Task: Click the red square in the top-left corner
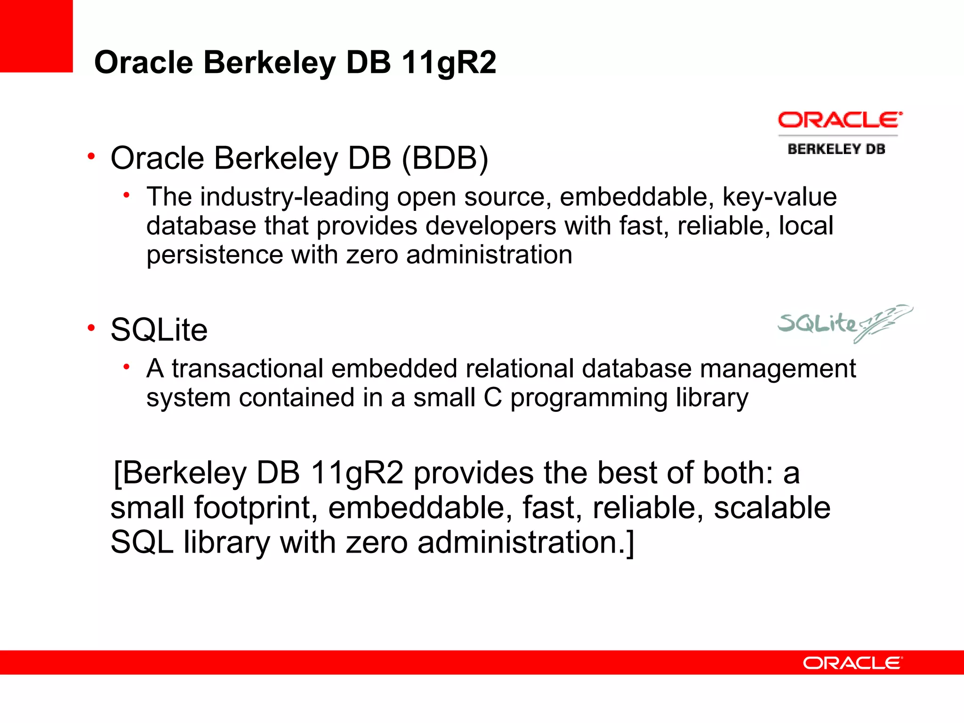(36, 36)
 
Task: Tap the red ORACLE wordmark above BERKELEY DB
(840, 120)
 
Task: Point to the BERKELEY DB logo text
(836, 149)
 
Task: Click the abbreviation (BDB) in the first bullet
(445, 158)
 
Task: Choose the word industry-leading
(294, 197)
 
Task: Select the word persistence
(215, 255)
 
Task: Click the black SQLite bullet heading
(159, 329)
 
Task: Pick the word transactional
(248, 368)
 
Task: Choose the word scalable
(772, 508)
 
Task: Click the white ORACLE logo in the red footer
(852, 663)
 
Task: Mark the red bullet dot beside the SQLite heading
(91, 328)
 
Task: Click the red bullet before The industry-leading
(126, 195)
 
